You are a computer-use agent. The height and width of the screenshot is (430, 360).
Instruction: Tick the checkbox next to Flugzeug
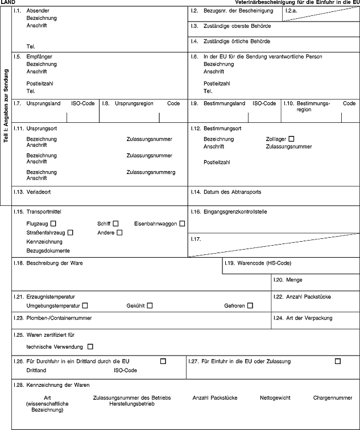[53, 223]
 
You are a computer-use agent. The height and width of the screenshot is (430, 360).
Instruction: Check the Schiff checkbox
[115, 223]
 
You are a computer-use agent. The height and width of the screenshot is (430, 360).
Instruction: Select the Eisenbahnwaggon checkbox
[182, 223]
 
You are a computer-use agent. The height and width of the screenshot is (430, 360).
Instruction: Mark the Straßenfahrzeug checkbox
[70, 232]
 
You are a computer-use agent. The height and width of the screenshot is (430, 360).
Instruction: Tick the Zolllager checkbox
[292, 139]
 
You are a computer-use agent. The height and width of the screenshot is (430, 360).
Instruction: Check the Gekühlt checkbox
[150, 306]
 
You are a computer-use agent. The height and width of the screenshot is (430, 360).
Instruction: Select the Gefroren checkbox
[250, 306]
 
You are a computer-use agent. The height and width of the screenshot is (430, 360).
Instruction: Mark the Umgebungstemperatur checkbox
[85, 306]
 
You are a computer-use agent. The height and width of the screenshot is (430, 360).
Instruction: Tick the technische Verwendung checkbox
[90, 346]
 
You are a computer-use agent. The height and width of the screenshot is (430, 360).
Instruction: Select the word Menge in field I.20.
[294, 280]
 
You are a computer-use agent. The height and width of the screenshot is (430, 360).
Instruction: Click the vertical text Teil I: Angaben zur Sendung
[6, 114]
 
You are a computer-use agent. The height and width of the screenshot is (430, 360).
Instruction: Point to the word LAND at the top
[7, 3]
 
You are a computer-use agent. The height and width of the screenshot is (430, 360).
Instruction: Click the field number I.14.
[196, 192]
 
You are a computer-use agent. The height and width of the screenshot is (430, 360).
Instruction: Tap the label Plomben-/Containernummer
[59, 318]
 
